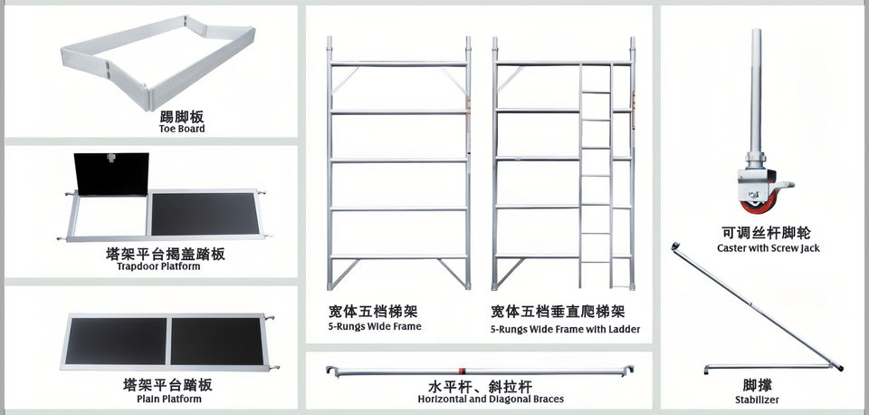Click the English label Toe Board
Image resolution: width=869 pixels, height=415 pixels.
[182, 129]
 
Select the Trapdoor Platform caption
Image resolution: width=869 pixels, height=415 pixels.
[158, 266]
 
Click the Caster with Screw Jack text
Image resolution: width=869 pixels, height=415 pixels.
[768, 248]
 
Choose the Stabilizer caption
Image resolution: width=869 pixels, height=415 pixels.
[757, 400]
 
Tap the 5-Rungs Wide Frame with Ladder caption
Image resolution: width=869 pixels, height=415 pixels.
[565, 330]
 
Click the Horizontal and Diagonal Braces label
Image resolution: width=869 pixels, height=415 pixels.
[491, 399]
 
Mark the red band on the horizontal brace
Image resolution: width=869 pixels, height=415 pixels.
[462, 370]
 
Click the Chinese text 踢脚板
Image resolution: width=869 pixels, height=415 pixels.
[182, 116]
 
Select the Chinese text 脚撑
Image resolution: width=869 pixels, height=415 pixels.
[758, 385]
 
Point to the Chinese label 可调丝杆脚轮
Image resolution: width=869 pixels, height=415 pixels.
[768, 233]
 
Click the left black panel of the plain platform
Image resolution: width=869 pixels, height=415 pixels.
[116, 340]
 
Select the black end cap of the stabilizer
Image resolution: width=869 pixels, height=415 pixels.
[842, 368]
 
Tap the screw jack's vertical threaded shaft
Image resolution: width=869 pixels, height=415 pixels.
[756, 91]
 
